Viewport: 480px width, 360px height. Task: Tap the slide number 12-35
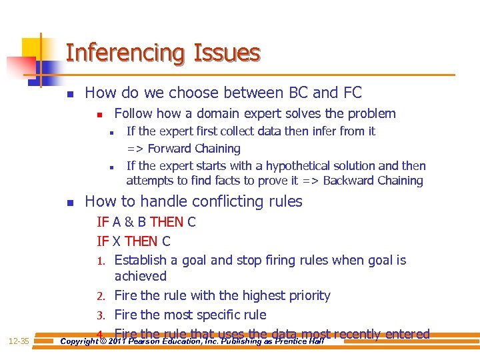pyautogui.click(x=19, y=341)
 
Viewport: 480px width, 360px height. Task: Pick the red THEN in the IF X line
pyautogui.click(x=141, y=241)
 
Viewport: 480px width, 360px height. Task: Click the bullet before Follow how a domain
pyautogui.click(x=99, y=115)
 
